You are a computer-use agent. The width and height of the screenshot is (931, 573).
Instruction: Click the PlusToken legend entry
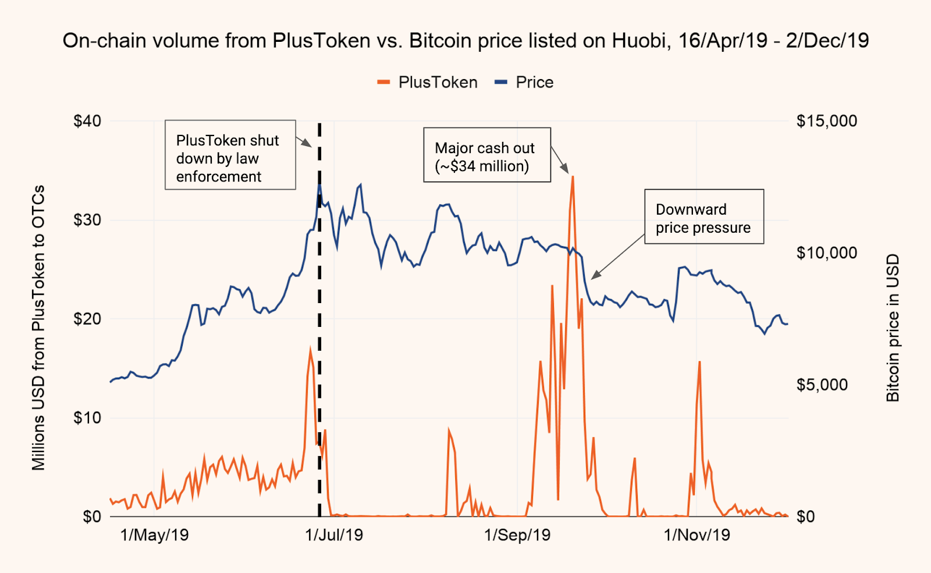tap(428, 83)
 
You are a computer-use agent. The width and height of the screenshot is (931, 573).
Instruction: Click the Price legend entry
tap(524, 83)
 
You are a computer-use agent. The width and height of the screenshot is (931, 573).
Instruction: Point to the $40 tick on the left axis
tap(87, 121)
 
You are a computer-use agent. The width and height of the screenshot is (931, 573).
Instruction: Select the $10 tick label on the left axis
tap(87, 418)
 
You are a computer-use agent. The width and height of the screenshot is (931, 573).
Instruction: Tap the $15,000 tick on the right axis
tap(826, 121)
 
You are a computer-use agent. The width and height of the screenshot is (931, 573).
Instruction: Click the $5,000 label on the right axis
tap(822, 385)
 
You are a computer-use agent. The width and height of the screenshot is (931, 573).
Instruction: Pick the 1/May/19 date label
tap(154, 535)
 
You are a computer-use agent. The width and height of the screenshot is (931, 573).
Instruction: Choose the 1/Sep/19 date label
tap(517, 535)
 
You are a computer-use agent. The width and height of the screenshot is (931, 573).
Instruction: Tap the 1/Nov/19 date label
tap(697, 535)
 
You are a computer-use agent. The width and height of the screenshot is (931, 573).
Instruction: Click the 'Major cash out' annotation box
tap(486, 155)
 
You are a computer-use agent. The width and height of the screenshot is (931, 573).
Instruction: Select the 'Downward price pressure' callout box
tap(703, 216)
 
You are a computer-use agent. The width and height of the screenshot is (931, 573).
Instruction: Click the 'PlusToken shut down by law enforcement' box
tap(230, 155)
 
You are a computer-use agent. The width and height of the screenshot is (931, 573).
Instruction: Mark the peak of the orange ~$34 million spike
tap(573, 177)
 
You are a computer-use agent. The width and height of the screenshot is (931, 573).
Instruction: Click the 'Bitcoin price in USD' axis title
tap(893, 328)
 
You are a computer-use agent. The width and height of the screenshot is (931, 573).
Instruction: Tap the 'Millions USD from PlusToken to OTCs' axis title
tap(38, 328)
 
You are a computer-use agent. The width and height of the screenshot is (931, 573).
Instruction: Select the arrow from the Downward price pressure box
tap(618, 257)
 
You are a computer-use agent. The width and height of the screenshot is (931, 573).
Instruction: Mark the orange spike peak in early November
tap(699, 362)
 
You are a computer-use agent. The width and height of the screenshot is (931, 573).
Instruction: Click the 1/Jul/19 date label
tap(334, 535)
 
